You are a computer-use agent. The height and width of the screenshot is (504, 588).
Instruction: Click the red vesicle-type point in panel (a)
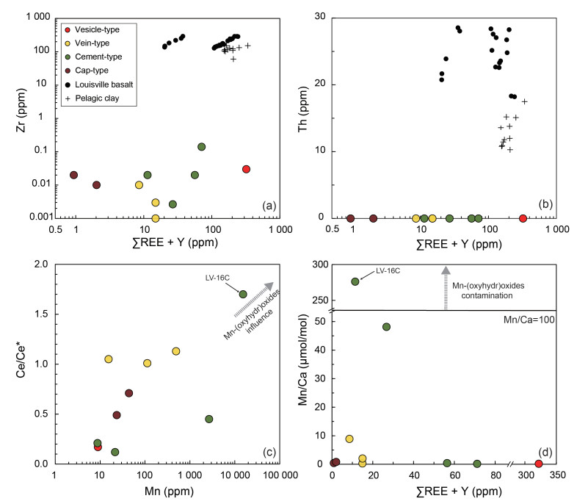(247, 169)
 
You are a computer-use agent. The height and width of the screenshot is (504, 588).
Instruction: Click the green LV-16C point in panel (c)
(243, 295)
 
